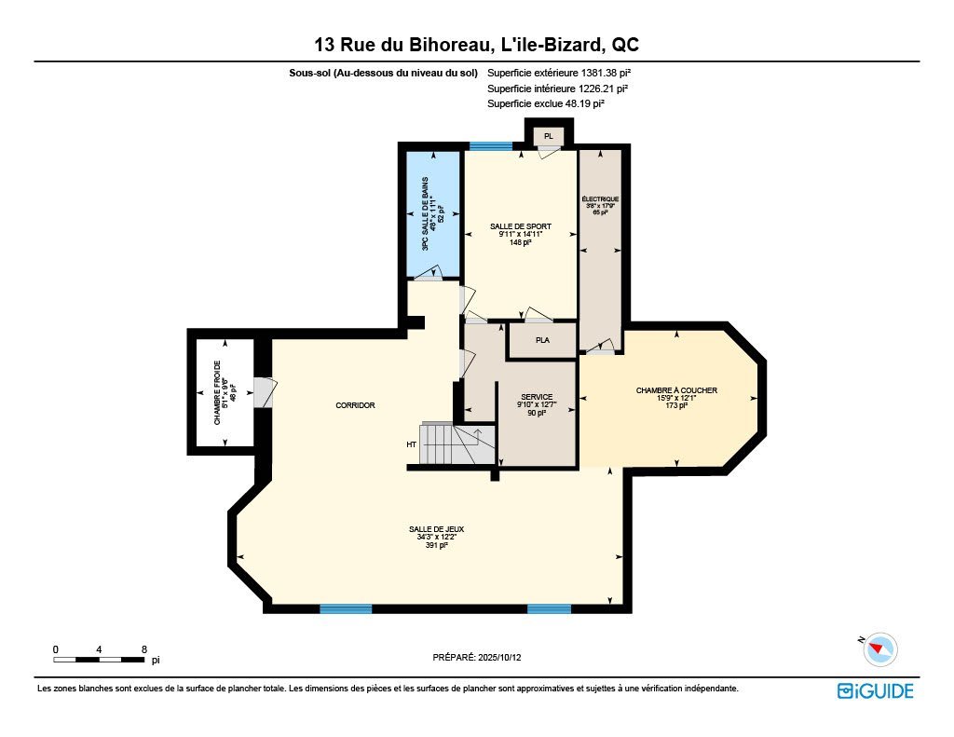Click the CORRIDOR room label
click(355, 405)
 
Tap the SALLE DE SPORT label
click(521, 226)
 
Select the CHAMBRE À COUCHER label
click(676, 390)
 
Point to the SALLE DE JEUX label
click(436, 529)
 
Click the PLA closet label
click(543, 340)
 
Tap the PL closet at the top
click(549, 136)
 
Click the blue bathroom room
click(432, 214)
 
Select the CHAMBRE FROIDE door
click(266, 392)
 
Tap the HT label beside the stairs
click(411, 444)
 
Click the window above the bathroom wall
click(491, 146)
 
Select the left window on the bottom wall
click(346, 608)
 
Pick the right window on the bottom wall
click(549, 608)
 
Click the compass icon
click(879, 648)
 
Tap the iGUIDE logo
click(876, 691)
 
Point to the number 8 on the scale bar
click(144, 649)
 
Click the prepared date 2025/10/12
click(499, 657)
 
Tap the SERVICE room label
click(537, 397)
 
